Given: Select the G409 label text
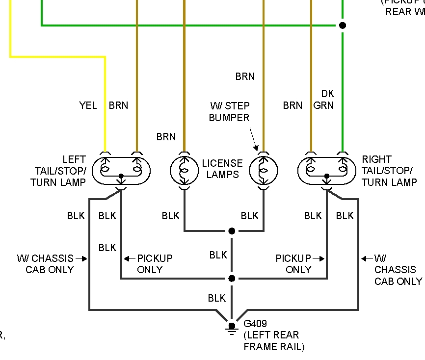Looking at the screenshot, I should (x=256, y=324).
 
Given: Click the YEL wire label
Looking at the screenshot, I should (x=88, y=105).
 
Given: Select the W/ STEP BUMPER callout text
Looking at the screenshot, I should (x=229, y=112).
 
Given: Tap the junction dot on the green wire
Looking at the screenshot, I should (x=343, y=25).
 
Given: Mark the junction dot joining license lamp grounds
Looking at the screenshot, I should (x=232, y=231).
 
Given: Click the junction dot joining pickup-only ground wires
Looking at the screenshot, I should (x=232, y=279).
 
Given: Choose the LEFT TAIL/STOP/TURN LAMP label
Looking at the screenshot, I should (x=58, y=171).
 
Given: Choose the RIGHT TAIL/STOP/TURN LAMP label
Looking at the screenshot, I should (x=387, y=171).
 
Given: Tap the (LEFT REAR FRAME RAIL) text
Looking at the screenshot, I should (x=274, y=341).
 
